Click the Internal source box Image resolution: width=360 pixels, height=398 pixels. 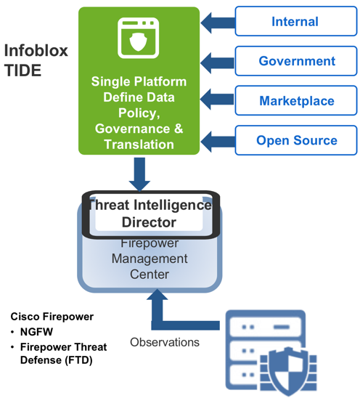(296, 21)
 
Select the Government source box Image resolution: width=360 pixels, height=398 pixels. (296, 61)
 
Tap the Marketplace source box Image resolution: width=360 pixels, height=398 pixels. (296, 100)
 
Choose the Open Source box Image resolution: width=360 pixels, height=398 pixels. (296, 140)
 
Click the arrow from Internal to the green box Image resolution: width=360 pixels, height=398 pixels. (218, 23)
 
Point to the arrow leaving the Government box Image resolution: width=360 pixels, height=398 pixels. (218, 62)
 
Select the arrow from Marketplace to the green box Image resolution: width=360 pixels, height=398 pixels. (218, 99)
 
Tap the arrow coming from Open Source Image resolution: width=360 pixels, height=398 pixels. (218, 142)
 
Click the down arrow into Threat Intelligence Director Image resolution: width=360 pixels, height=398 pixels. (139, 174)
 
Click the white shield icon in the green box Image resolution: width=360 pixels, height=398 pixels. (139, 41)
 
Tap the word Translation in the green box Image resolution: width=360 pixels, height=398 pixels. (139, 145)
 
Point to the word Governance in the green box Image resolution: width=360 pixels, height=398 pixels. (132, 129)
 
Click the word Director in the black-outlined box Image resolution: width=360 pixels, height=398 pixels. (149, 222)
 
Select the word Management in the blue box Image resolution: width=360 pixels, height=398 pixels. (150, 259)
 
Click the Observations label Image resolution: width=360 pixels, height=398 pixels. (165, 342)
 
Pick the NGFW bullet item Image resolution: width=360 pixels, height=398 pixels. (36, 332)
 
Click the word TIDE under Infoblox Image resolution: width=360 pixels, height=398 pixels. (22, 70)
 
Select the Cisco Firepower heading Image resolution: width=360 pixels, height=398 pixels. (52, 317)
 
